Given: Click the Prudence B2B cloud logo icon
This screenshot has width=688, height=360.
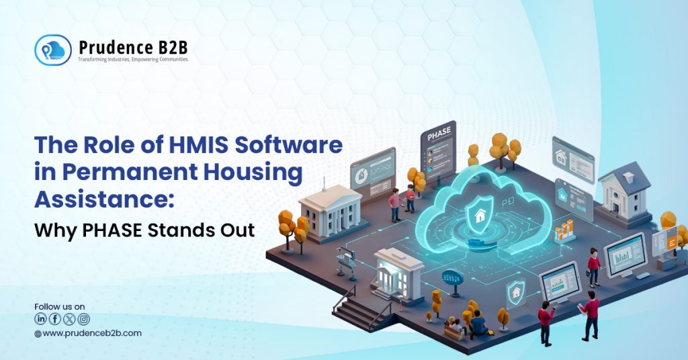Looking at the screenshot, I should (52, 50).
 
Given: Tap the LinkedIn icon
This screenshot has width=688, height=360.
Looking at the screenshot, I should (40, 319).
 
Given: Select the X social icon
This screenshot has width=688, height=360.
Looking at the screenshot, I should (69, 319).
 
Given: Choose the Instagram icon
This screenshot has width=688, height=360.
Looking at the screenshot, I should (83, 319).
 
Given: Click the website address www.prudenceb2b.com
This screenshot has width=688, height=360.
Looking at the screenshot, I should (92, 333).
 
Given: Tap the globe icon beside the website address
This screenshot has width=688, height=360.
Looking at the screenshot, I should (38, 333).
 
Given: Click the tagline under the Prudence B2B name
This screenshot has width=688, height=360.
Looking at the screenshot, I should (133, 59).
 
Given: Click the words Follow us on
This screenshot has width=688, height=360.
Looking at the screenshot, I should (60, 306).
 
